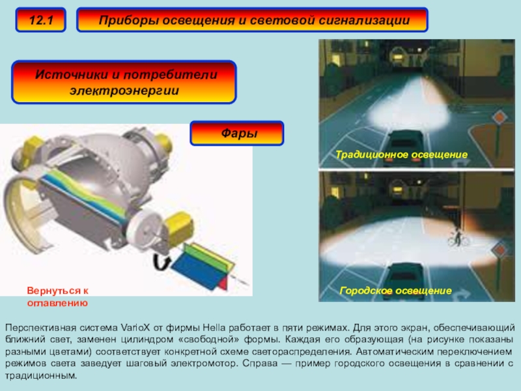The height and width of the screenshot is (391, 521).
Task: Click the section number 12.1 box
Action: (40, 20)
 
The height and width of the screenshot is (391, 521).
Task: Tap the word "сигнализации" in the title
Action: (364, 21)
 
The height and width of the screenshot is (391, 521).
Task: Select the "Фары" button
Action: (237, 133)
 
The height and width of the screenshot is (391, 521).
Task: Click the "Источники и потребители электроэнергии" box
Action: (124, 82)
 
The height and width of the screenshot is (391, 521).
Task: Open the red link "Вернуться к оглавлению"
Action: (57, 297)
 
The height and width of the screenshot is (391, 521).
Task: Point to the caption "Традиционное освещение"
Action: (401, 154)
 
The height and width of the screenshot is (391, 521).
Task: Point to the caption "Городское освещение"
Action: (395, 291)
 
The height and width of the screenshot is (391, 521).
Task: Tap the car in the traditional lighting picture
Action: (406, 146)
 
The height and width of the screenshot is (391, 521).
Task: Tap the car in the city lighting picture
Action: (405, 282)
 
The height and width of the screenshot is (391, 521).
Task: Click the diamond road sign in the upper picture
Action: (499, 117)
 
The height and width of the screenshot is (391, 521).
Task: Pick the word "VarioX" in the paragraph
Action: (135, 328)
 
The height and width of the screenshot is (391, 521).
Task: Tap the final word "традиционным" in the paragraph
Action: (41, 376)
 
